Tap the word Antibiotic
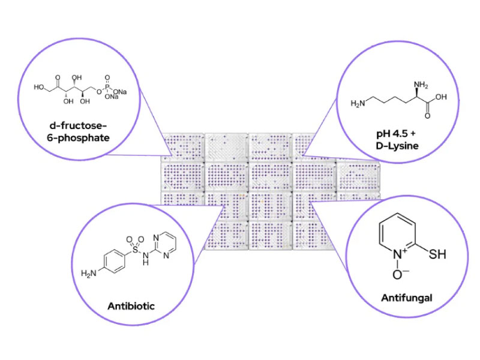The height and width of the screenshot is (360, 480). pos(131,306)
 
